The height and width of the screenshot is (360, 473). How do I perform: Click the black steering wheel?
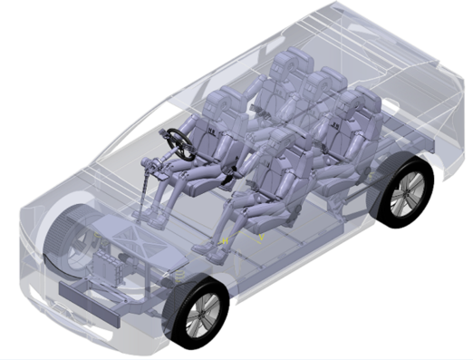tap(180, 143)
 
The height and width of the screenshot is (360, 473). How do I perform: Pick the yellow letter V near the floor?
tap(260, 238)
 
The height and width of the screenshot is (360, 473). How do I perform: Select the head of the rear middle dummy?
tap(318, 90)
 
